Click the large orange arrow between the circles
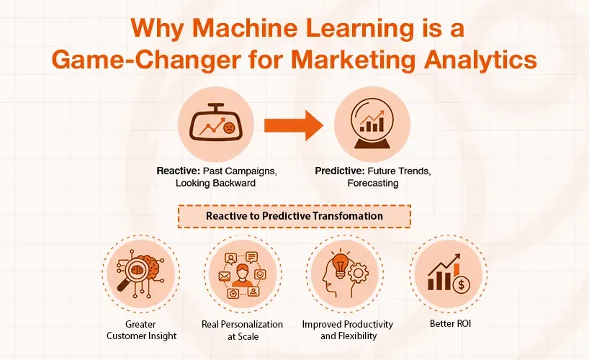[292, 126]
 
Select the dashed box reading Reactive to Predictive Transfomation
[294, 215]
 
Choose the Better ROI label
[448, 323]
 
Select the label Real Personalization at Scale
[243, 329]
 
